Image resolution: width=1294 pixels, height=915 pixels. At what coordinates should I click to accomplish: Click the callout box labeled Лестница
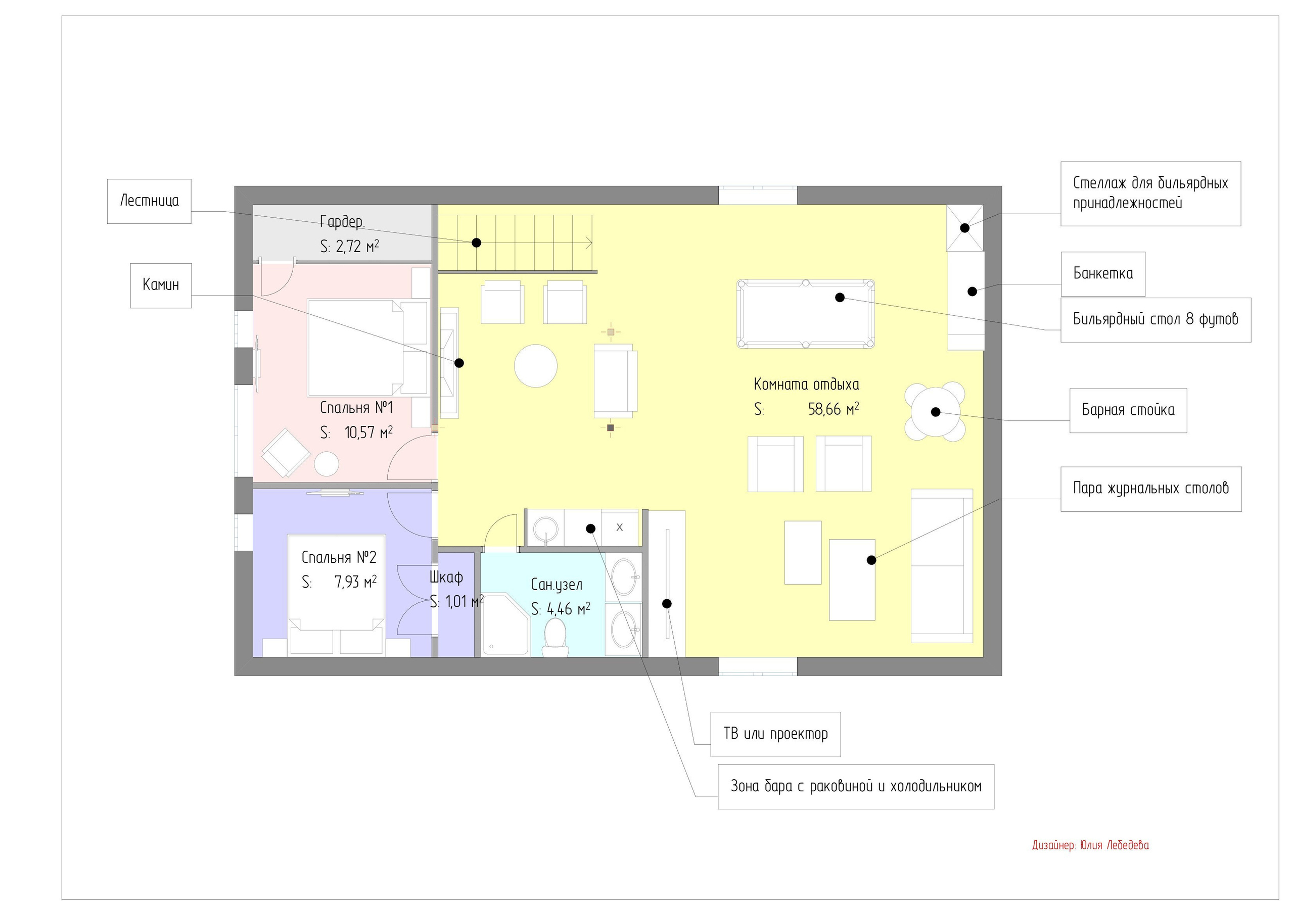149,201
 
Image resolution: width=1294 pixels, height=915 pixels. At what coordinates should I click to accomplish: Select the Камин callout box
161,285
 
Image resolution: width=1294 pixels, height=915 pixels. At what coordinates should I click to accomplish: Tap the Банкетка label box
1103,274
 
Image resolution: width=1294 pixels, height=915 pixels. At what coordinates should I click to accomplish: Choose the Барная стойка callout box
1128,410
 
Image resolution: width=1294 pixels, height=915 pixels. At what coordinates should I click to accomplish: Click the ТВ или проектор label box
775,734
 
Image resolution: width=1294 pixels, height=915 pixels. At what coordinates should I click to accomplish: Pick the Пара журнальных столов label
1151,489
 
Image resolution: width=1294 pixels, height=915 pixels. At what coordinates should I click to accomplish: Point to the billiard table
805,314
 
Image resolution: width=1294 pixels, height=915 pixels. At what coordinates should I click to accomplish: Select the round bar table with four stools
935,412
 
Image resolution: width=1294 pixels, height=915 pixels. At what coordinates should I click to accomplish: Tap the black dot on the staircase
476,243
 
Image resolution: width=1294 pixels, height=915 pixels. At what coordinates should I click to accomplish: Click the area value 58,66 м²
834,409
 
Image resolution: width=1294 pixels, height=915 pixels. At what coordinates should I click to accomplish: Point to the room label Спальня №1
356,407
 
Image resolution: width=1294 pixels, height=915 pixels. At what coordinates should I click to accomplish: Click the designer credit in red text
1090,845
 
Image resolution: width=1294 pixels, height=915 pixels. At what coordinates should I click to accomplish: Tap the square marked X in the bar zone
619,527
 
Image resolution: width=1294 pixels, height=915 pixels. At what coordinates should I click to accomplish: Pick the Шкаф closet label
446,577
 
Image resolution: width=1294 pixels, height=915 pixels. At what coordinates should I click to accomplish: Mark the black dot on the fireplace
459,363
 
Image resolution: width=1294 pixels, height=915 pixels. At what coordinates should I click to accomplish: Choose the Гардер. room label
343,222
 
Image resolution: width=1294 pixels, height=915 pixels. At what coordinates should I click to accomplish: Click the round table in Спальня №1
327,464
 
